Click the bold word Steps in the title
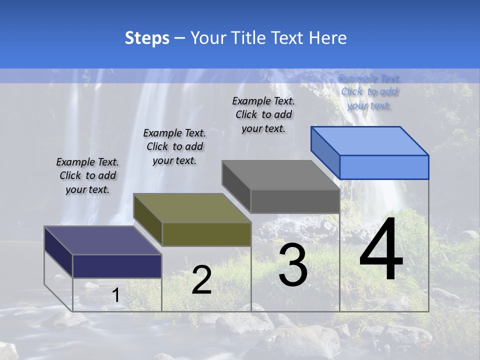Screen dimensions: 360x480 147,38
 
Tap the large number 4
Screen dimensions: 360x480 381,250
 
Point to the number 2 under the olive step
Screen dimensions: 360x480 201,280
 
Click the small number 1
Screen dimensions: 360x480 115,295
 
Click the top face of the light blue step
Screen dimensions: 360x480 370,140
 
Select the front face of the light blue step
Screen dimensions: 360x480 384,167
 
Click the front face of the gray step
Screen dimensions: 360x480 295,201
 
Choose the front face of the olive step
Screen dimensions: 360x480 206,234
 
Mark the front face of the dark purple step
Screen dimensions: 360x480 117,266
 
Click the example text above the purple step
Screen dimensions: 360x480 87,175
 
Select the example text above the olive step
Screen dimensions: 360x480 174,146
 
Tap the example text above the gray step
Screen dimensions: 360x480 263,114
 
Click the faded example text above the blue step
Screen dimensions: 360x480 369,91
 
